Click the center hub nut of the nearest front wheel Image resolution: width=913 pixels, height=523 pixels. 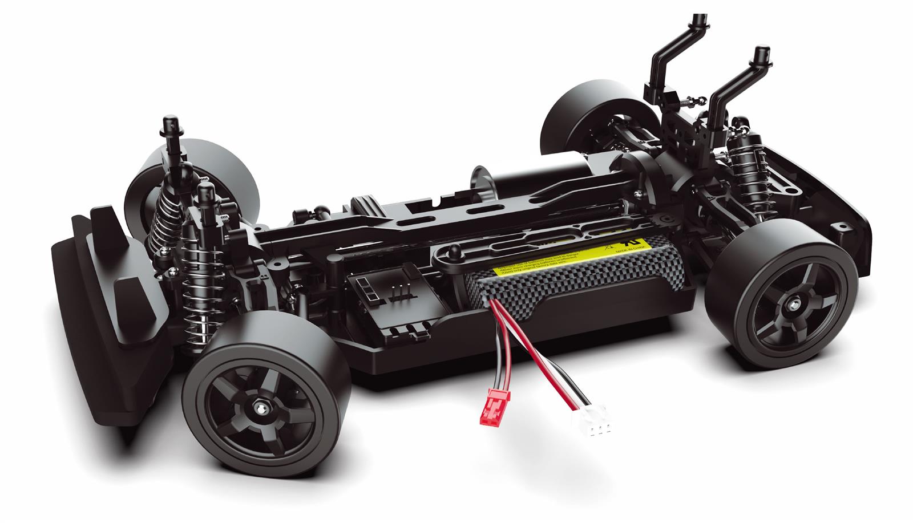(260, 407)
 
